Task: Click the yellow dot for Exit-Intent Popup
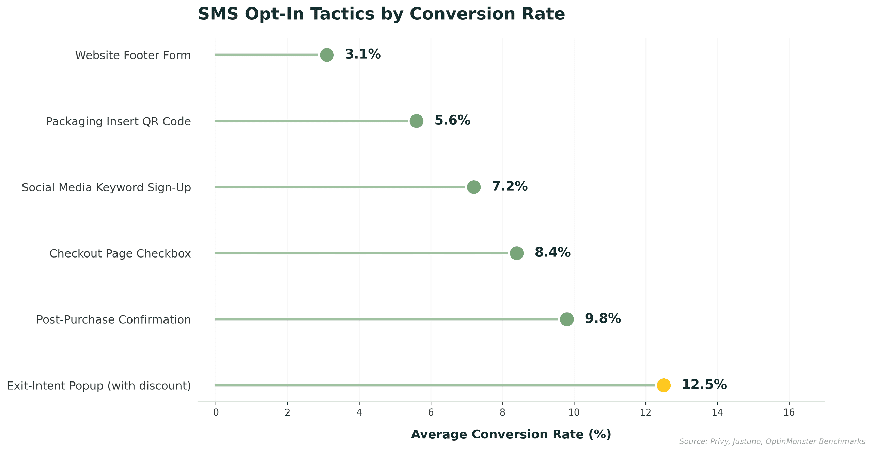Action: click(663, 385)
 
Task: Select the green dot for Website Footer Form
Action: click(327, 55)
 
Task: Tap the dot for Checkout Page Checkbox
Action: click(516, 253)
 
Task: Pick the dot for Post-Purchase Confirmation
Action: click(566, 319)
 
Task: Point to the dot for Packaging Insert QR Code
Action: click(416, 121)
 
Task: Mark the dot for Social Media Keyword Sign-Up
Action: click(473, 187)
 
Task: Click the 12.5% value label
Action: click(704, 385)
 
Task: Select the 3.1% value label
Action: click(363, 54)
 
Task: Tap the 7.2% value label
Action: click(510, 186)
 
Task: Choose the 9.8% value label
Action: click(603, 318)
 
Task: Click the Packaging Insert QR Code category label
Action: click(118, 121)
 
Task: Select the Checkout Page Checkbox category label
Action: click(120, 253)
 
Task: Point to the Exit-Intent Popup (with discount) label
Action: click(99, 386)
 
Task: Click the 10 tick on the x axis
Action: click(574, 412)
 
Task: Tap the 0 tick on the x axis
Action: click(216, 412)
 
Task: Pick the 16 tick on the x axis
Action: click(789, 412)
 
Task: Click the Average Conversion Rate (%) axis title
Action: click(511, 434)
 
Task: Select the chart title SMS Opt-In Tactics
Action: click(381, 14)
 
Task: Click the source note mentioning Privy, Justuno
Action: click(772, 442)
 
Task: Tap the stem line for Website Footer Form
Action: click(266, 55)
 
